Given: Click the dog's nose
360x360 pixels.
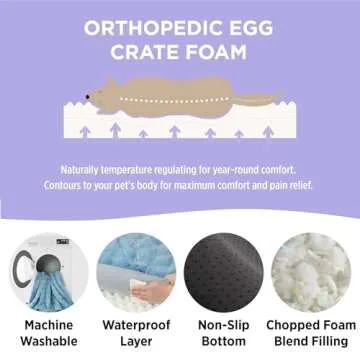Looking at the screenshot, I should click(87, 96).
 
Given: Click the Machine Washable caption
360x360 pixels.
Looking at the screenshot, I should click(48, 335).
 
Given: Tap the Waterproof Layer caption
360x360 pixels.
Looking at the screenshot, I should click(136, 335).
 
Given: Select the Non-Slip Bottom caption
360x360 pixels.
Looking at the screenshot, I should click(226, 335).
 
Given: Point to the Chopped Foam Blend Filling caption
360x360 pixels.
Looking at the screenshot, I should click(313, 335).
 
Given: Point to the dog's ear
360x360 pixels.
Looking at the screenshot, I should click(107, 86).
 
